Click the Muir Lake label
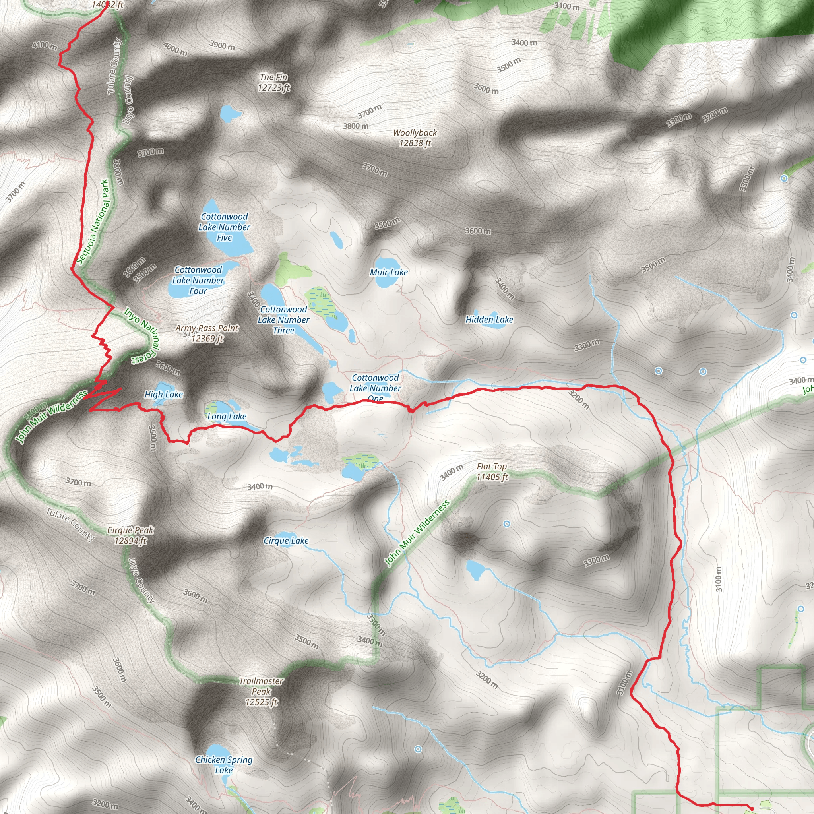coord(388,272)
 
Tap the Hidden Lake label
coord(489,320)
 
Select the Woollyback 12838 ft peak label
coord(415,138)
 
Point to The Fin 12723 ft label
coord(274,82)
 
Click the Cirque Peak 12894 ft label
coord(131,535)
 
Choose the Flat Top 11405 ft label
coord(492,471)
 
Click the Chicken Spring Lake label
coord(224,765)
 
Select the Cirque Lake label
coord(286,541)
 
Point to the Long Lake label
coord(227,416)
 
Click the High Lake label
coord(163,394)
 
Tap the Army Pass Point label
coord(207,333)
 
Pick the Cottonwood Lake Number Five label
coord(224,227)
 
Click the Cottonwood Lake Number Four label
coord(198,280)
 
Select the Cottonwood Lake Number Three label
coord(283,320)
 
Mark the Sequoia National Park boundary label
coord(93,222)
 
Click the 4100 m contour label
coord(44,45)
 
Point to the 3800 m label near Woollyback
coord(356,126)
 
